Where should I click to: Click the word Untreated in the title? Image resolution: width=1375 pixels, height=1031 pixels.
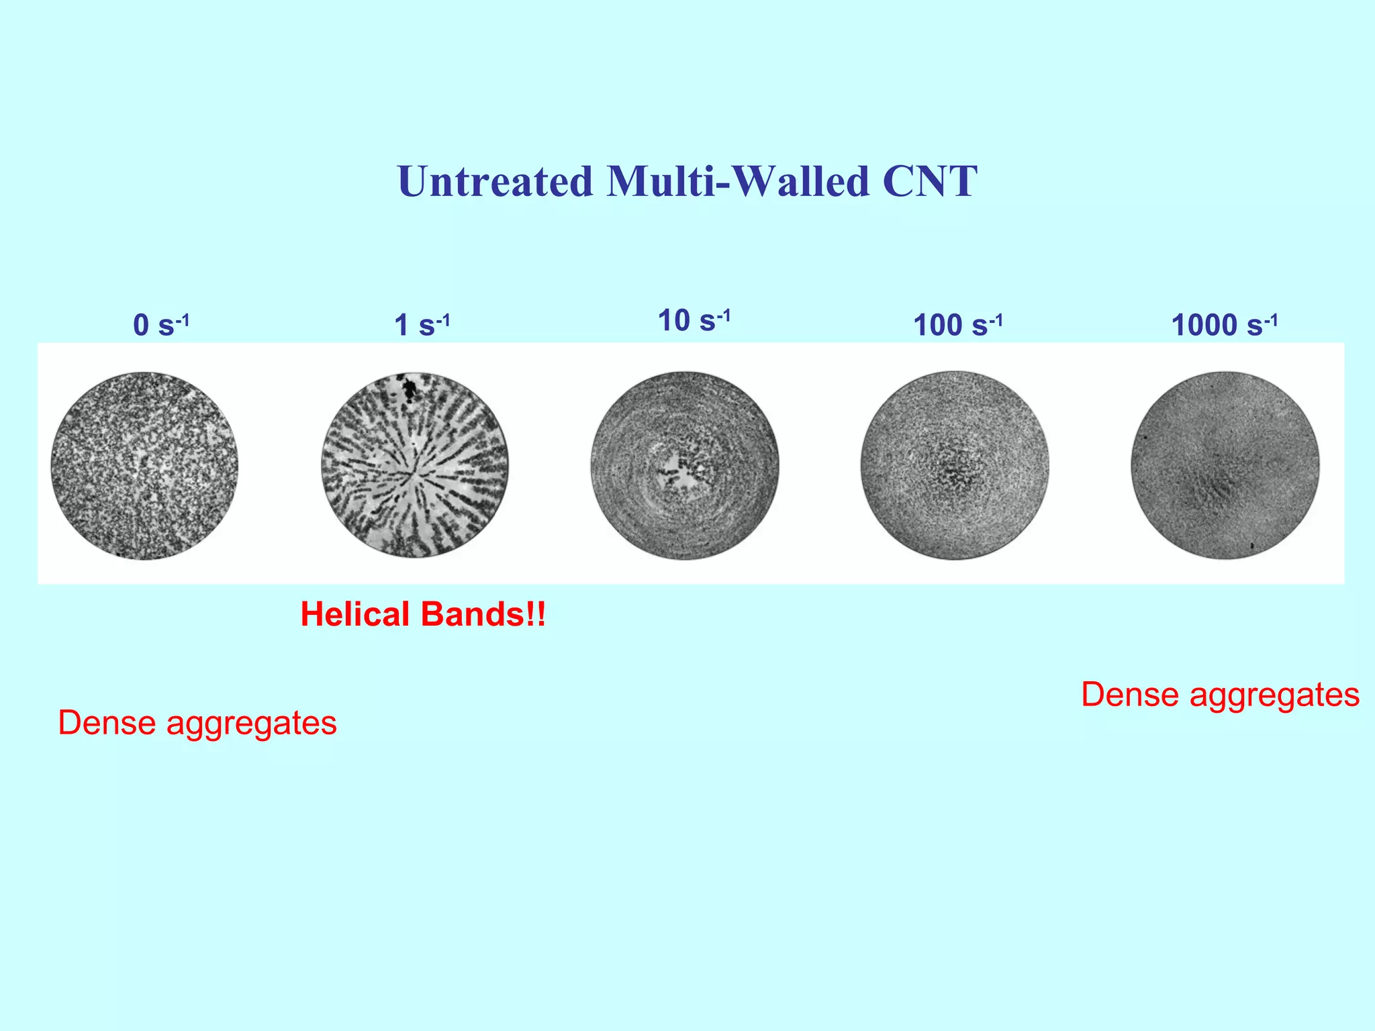click(495, 181)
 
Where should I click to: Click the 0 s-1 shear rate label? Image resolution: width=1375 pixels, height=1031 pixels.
click(161, 325)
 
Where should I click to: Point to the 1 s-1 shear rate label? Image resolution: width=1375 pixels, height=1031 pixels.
click(422, 325)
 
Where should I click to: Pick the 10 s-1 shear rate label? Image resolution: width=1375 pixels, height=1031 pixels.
click(694, 320)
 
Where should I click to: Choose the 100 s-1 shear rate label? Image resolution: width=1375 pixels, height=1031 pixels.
click(957, 325)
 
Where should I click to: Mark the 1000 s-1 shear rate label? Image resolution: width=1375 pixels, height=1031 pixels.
click(1224, 325)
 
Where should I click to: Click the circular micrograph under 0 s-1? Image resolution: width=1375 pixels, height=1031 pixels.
click(144, 465)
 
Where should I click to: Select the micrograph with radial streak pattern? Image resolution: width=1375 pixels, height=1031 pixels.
click(415, 465)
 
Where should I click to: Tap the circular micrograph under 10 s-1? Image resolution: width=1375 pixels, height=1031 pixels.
click(685, 465)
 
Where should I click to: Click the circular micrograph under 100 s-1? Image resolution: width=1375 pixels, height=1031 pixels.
click(955, 465)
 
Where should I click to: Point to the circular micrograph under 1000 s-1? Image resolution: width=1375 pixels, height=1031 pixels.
click(1225, 465)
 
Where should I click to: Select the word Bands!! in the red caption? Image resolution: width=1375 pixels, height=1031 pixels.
click(483, 614)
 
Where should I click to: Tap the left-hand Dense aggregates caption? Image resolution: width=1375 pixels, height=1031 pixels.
click(197, 723)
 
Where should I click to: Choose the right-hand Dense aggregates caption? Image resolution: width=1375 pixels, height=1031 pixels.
click(1220, 695)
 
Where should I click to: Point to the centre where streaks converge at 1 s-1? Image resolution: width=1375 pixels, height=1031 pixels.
click(412, 474)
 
